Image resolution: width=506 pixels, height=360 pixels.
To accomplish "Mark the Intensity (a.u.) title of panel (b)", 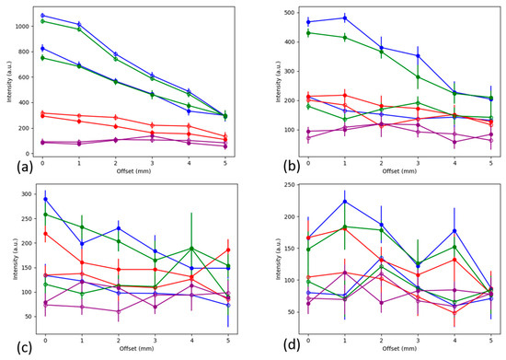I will coord(265,80).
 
